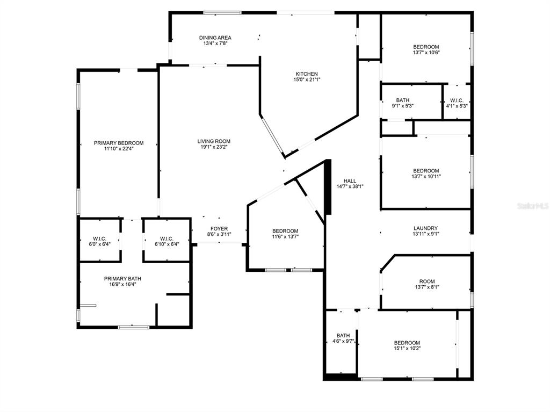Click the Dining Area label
[215, 38]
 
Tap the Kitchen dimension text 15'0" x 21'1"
[307, 79]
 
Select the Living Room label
[214, 141]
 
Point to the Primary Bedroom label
[119, 143]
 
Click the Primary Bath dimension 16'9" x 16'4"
[122, 284]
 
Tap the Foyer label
[219, 229]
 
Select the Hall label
[350, 181]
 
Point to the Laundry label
[425, 228]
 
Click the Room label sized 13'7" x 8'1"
[427, 281]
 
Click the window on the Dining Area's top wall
[222, 13]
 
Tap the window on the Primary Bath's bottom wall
[134, 328]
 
